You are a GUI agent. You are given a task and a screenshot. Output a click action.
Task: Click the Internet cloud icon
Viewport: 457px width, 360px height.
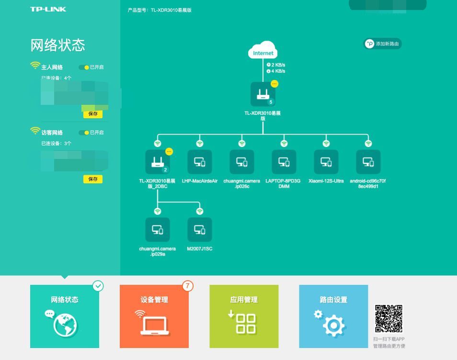(x=263, y=52)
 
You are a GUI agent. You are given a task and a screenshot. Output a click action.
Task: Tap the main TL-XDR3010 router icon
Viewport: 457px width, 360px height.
(x=263, y=94)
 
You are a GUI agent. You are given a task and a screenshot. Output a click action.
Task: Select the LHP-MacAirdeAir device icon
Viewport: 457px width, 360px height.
(x=200, y=162)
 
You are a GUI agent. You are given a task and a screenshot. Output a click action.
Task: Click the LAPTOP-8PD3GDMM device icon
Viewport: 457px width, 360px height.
(x=284, y=162)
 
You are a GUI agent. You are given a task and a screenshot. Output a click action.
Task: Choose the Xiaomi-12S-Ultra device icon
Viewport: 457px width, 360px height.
(x=326, y=162)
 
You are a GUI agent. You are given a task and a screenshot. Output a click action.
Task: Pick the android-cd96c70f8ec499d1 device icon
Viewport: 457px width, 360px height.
(x=368, y=162)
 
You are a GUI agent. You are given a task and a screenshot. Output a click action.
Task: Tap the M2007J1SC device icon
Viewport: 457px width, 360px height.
(x=200, y=230)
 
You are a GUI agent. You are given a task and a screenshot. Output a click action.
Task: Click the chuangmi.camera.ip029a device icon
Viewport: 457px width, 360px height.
(x=158, y=230)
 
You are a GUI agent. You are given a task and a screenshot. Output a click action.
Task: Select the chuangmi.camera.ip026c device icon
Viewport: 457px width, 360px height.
(x=242, y=162)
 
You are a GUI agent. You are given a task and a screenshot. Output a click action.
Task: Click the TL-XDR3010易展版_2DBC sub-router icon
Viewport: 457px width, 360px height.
(x=158, y=162)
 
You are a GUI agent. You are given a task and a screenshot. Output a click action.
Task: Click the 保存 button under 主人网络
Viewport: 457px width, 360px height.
(x=93, y=114)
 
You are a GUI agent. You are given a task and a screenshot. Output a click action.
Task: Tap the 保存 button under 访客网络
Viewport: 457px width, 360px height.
(x=93, y=179)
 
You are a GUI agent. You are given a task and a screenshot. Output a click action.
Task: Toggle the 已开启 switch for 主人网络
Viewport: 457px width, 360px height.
(x=84, y=67)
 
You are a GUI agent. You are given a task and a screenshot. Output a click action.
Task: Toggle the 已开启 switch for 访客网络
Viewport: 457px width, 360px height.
(x=84, y=133)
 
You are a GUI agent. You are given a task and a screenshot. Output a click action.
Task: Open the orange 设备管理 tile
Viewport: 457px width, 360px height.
(x=154, y=316)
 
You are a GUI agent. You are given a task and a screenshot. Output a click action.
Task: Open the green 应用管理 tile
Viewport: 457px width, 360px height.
(x=244, y=316)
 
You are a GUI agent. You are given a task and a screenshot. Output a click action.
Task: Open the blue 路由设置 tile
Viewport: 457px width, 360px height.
(x=333, y=316)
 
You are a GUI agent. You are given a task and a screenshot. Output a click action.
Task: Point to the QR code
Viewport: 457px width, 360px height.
(x=388, y=318)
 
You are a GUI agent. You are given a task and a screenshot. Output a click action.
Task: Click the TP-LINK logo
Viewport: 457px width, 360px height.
(x=48, y=9)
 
